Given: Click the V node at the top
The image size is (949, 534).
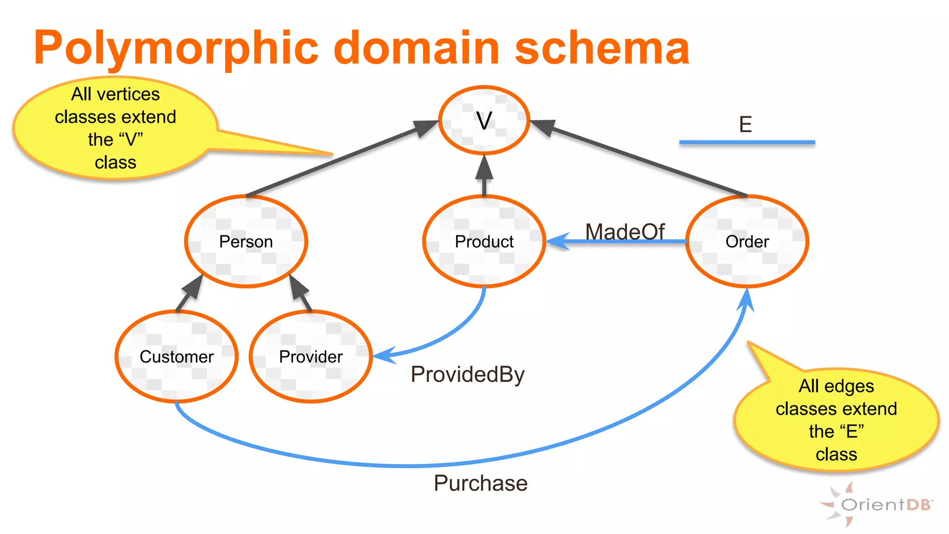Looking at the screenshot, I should click(484, 121).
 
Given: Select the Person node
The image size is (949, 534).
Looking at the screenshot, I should click(246, 242).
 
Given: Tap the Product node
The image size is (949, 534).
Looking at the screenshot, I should click(484, 242).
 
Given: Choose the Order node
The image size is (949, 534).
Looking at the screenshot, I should click(747, 242).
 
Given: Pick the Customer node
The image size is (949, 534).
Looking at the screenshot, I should click(177, 356).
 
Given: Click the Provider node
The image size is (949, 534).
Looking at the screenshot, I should click(311, 356).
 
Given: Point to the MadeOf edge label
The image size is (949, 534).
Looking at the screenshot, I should click(625, 231).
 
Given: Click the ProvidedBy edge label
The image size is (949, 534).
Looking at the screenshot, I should click(468, 374).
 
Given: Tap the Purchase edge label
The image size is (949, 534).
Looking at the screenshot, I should click(481, 483).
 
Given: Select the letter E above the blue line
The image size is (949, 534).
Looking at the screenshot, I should click(745, 124).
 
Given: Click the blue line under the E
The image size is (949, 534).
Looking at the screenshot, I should click(747, 142).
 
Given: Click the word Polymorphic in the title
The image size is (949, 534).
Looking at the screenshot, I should click(176, 48).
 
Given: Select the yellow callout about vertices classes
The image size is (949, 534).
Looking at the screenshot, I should click(115, 128).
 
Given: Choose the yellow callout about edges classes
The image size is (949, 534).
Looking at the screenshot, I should click(836, 420).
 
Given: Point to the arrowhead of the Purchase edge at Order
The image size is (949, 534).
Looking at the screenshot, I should click(747, 299).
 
